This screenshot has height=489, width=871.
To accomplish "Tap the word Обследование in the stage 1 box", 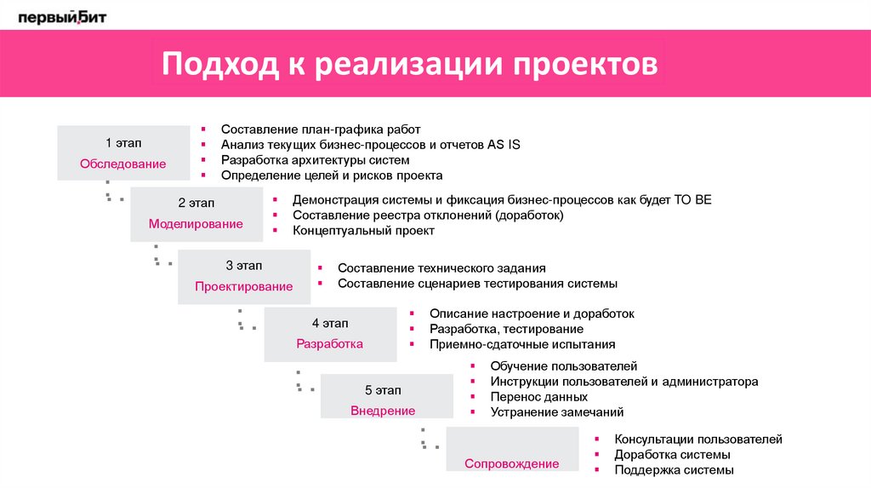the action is pyautogui.click(x=123, y=164).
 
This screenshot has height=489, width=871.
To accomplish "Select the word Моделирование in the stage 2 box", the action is pyautogui.click(x=196, y=224).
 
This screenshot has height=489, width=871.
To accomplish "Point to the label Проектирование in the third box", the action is pyautogui.click(x=243, y=286).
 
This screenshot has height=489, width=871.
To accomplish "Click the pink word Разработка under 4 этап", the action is pyautogui.click(x=329, y=344).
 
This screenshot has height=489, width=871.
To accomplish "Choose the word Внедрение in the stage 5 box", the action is pyautogui.click(x=383, y=411).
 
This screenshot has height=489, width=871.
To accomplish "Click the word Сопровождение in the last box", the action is pyautogui.click(x=511, y=464).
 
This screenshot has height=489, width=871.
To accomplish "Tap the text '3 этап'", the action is pyautogui.click(x=243, y=265).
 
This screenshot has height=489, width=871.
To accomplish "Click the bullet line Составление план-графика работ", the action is pyautogui.click(x=321, y=129).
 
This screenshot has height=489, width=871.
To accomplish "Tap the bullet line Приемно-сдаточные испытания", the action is pyautogui.click(x=521, y=344).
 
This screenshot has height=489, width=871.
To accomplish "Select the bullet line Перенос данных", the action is pyautogui.click(x=538, y=396).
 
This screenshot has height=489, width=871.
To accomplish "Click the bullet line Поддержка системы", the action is pyautogui.click(x=674, y=469).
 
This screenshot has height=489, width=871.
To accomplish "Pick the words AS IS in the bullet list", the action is pyautogui.click(x=504, y=145).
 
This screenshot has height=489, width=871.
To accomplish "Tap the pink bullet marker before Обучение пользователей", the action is pyautogui.click(x=473, y=365).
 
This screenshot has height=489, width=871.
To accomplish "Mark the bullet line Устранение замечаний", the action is pyautogui.click(x=557, y=411).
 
